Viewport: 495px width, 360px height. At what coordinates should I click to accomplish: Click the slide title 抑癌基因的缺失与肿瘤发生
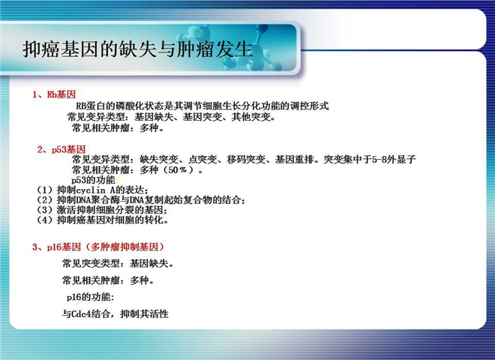[x=138, y=49]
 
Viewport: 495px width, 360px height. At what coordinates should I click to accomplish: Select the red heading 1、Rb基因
[x=54, y=94]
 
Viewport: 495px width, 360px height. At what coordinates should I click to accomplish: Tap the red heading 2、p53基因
[x=61, y=149]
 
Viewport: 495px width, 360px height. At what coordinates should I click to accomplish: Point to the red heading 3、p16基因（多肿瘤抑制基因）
[x=98, y=247]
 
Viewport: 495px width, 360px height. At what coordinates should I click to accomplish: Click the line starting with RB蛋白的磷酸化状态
[x=202, y=106]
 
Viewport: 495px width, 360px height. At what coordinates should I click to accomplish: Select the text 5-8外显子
[x=393, y=160]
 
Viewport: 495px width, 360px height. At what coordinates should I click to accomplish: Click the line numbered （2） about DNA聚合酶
[x=141, y=200]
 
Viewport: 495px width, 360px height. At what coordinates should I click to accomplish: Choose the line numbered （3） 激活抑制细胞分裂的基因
[x=102, y=210]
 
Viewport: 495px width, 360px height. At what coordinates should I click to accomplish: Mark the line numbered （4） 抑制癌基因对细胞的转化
[x=102, y=220]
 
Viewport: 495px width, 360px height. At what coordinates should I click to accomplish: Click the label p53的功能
[x=94, y=180]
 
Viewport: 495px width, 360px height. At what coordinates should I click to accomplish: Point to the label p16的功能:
[x=91, y=297]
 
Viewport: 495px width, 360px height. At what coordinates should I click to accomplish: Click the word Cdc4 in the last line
[x=81, y=314]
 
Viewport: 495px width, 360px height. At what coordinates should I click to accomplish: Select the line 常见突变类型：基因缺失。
[x=118, y=263]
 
